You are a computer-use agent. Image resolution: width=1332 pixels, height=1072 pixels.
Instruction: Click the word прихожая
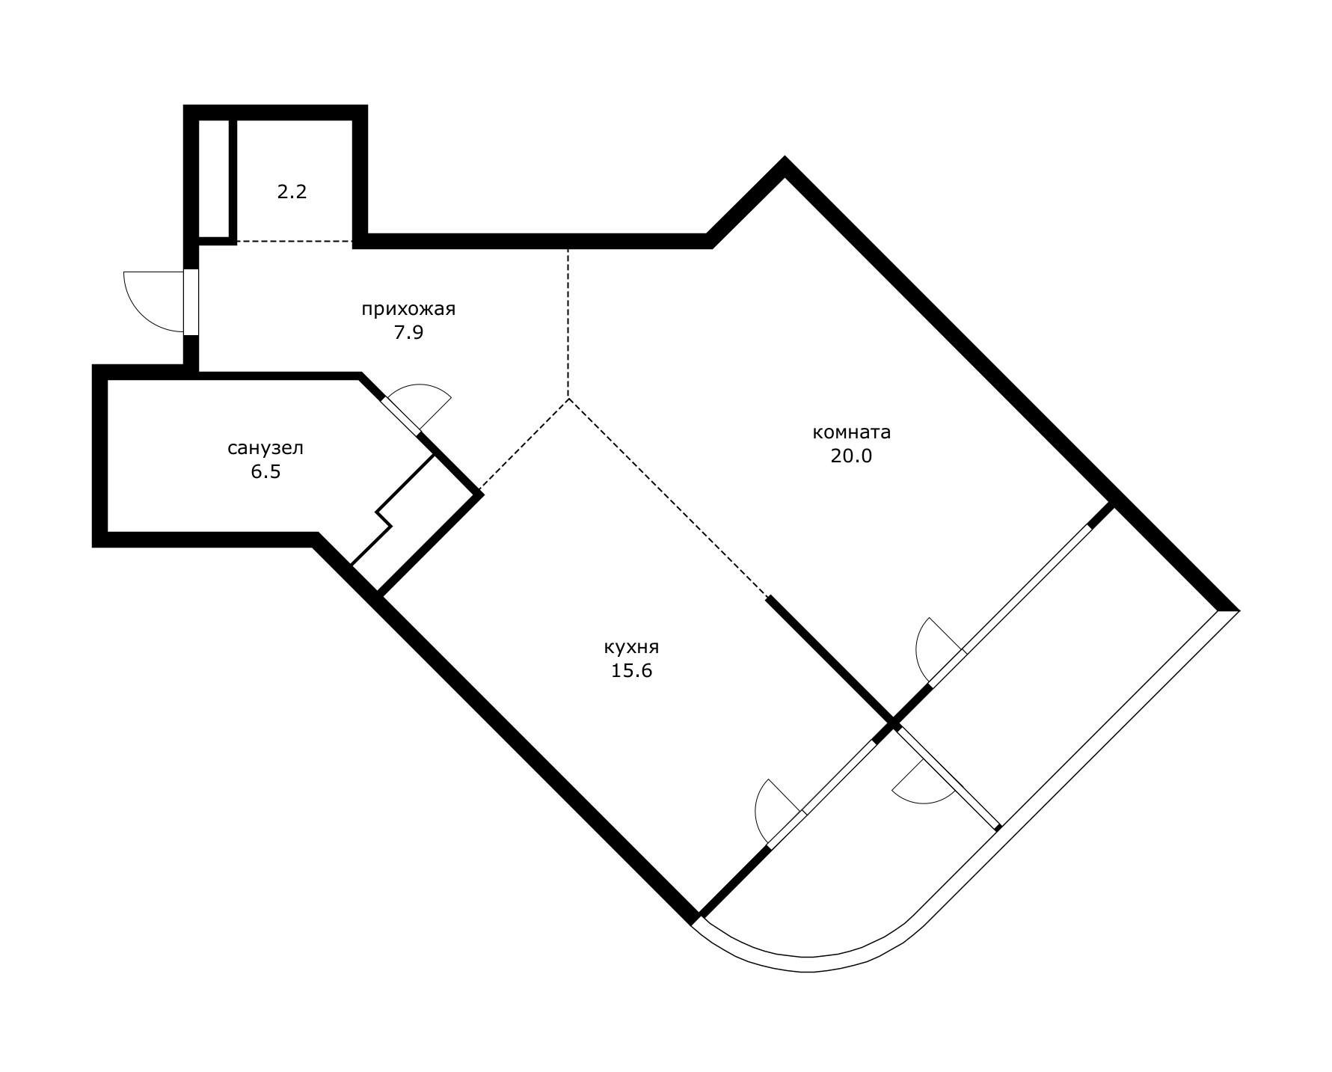pos(408,309)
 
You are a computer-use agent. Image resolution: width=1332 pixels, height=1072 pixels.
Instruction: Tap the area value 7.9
pos(409,333)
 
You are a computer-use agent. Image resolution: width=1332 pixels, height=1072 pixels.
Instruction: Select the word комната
pos(851,432)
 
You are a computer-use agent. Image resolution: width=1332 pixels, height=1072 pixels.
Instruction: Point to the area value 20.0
pos(851,456)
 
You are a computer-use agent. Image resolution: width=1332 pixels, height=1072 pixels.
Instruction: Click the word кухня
pos(632,647)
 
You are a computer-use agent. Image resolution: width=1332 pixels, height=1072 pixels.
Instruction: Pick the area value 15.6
pos(632,671)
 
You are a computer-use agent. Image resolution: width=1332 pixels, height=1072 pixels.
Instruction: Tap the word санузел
pos(266,448)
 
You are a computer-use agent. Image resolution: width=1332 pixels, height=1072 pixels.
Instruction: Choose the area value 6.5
pos(266,472)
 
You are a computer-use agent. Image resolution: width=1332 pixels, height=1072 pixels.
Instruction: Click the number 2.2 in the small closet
pos(292,192)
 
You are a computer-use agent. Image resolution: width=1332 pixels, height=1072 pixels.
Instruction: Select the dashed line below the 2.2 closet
pos(295,242)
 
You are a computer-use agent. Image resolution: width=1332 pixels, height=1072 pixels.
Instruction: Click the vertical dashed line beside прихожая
pos(568,323)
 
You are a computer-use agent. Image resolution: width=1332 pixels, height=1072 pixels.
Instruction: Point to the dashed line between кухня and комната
pos(668,498)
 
